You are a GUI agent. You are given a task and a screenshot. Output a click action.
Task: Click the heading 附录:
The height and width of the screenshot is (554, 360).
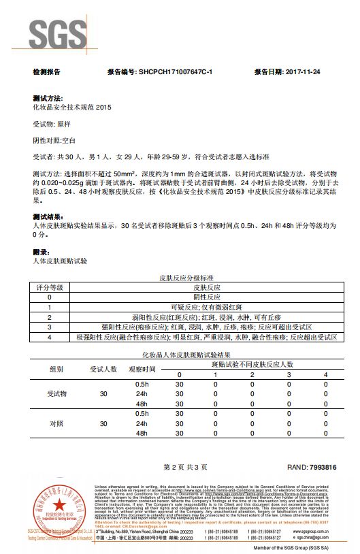click(x=42, y=252)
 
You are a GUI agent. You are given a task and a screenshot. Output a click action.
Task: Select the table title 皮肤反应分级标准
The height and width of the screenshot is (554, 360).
click(x=186, y=278)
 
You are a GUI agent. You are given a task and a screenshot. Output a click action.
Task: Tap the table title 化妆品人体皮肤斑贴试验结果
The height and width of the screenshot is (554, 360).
click(x=186, y=355)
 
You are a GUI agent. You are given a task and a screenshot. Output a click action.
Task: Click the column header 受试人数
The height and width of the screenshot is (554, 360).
click(x=104, y=369)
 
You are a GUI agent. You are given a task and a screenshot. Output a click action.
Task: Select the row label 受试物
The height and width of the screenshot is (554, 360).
click(x=57, y=393)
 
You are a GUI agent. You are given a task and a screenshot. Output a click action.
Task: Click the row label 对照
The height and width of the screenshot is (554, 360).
click(x=57, y=423)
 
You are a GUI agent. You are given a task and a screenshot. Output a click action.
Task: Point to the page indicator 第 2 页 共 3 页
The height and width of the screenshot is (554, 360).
click(x=185, y=468)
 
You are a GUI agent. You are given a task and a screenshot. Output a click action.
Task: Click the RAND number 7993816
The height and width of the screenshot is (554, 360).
click(x=312, y=468)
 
